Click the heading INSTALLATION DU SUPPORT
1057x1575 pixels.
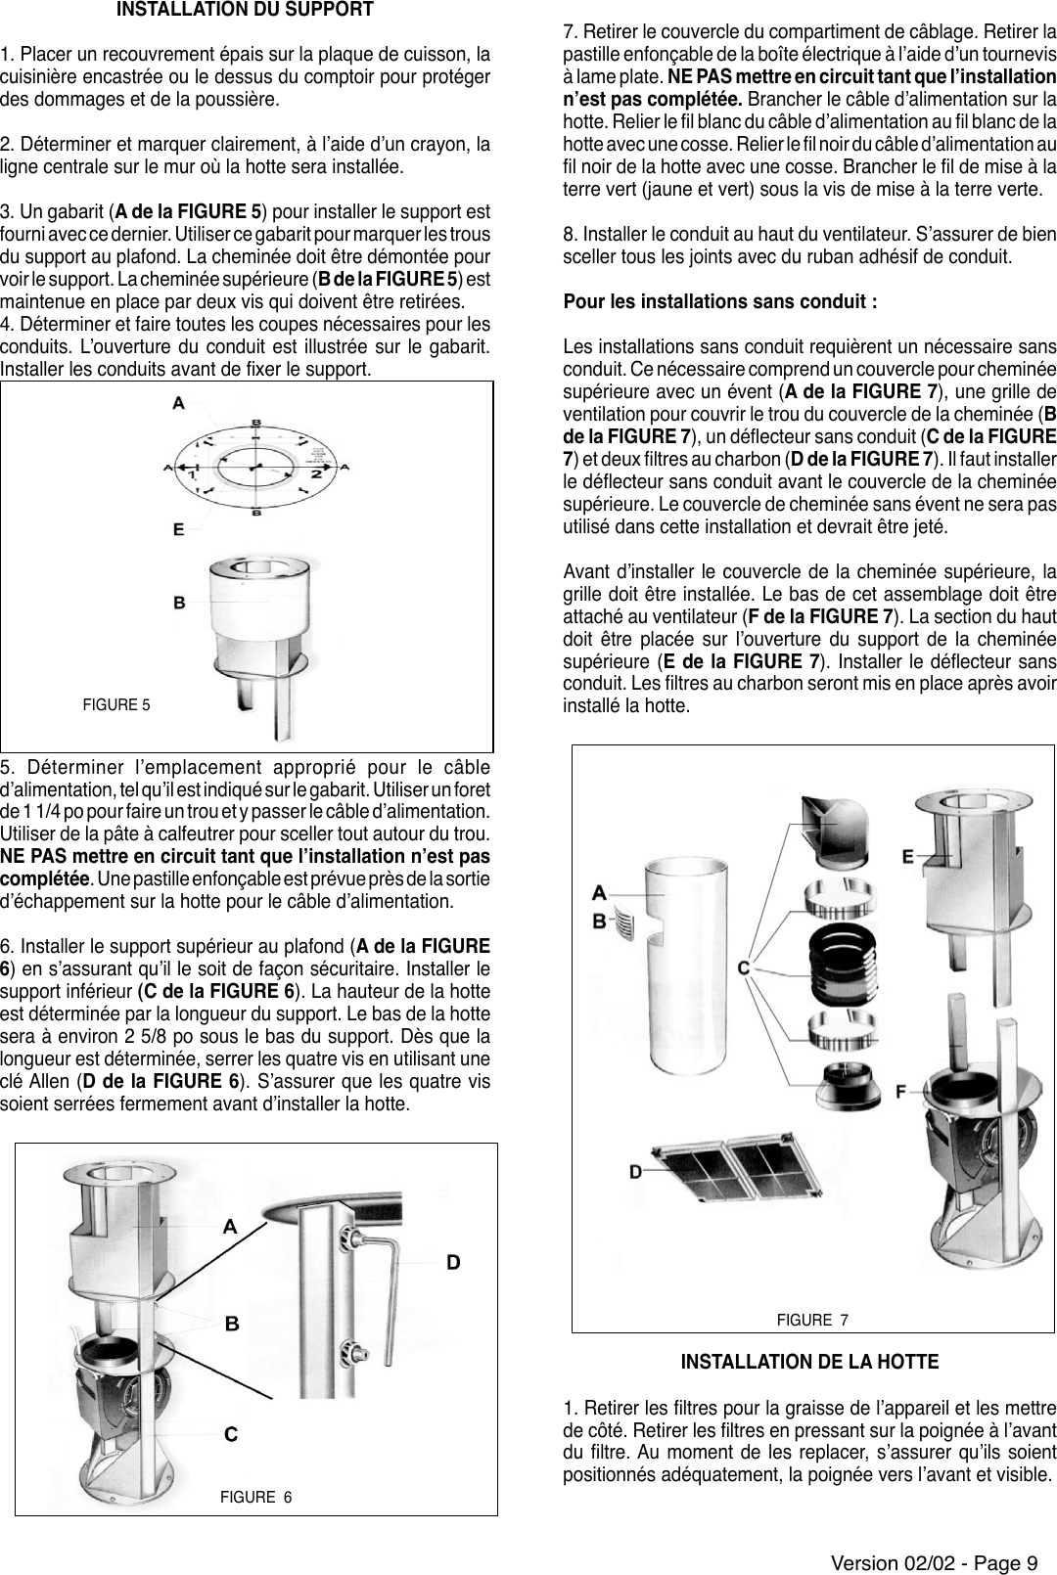244,12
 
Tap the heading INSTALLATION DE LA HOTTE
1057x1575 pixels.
809,1362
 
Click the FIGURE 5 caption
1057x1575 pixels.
116,704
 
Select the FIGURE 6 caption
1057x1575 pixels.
255,1497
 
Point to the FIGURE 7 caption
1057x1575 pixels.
812,1321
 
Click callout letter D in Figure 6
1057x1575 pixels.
453,1262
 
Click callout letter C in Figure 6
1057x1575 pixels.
231,1435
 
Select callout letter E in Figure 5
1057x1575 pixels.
178,529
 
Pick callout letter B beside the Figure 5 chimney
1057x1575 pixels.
179,603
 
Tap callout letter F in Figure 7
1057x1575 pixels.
901,1090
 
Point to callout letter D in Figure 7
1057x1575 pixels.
635,1170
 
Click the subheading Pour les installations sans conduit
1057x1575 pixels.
719,300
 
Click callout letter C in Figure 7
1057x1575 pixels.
743,967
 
